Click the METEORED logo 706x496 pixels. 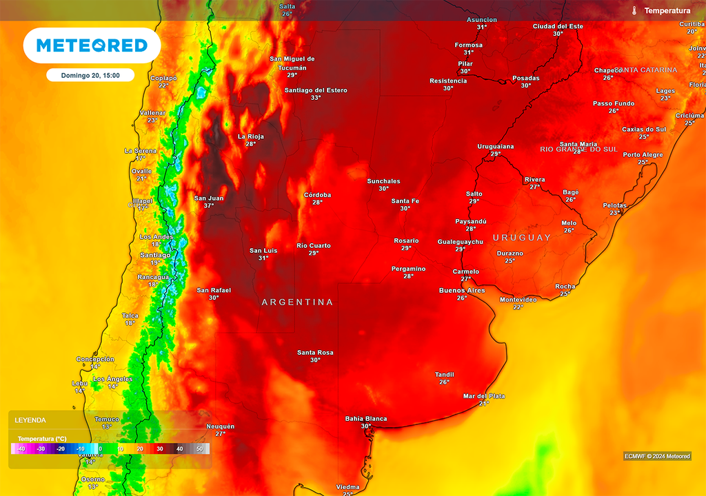92,45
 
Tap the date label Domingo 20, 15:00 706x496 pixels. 90,76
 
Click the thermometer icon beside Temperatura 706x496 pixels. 634,11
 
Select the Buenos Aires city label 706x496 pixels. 462,291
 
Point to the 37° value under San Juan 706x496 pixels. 209,206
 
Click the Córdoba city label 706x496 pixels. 317,195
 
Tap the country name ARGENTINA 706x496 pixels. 297,302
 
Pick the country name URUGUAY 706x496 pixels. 522,238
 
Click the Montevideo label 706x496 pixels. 518,300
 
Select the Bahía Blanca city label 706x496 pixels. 365,419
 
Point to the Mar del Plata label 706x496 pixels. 484,396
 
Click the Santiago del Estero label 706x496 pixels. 316,90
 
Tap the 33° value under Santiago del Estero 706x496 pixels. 316,98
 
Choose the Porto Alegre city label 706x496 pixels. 643,155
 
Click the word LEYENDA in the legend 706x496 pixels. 30,420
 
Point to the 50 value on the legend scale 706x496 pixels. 200,449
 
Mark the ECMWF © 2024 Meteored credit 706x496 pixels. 656,456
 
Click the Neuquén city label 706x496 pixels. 221,426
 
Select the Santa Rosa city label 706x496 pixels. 315,353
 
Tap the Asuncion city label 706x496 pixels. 481,20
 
